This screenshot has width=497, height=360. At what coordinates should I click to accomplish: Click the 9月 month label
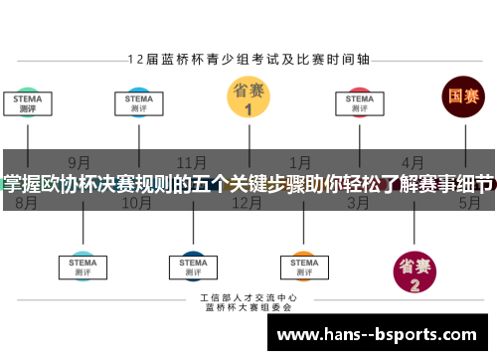coord(80,161)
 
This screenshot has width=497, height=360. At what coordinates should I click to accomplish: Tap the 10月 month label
coord(136,203)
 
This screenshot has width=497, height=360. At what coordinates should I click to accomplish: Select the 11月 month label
coord(192,161)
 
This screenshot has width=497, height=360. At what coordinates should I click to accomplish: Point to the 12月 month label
coord(247,203)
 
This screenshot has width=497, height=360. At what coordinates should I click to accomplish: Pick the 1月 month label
coord(299,161)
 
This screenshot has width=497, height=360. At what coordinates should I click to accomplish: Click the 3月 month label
coord(359,203)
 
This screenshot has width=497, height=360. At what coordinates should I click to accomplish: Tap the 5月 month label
coord(469,203)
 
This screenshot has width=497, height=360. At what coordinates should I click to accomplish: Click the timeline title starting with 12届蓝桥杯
coord(248,59)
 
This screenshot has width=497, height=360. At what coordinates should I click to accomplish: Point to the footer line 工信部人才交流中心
coord(248,298)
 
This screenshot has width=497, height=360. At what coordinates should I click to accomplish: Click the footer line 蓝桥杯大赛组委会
coord(248,308)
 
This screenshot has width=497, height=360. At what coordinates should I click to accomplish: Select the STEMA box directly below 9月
coord(83,267)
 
